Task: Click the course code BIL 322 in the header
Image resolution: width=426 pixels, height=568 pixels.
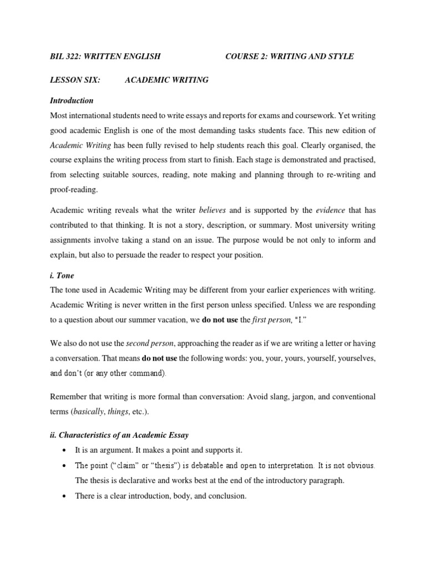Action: pos(65,57)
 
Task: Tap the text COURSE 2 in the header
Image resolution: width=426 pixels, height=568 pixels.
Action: pos(245,57)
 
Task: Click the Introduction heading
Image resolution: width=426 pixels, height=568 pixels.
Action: pos(72,100)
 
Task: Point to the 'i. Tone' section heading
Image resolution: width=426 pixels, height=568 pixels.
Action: pos(62,276)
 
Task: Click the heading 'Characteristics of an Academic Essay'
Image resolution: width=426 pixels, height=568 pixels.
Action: pos(130,434)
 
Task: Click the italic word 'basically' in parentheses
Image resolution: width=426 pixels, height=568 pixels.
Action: pos(90,412)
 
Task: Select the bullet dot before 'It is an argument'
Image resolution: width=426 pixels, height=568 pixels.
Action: pos(65,450)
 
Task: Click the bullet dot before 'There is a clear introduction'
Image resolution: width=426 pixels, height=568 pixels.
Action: pos(65,496)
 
